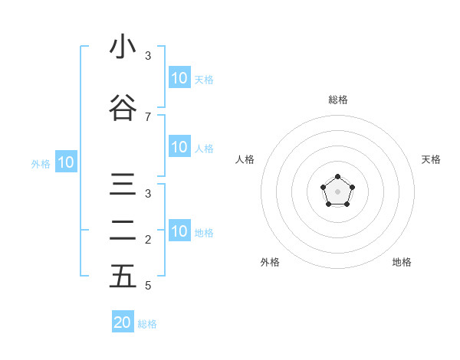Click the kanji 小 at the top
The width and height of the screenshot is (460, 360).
[123, 47]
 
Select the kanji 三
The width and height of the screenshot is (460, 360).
[123, 186]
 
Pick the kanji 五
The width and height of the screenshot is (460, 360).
[123, 277]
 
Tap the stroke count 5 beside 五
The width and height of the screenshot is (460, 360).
[148, 286]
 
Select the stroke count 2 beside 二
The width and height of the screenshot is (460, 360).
[148, 240]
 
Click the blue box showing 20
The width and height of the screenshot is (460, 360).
[123, 322]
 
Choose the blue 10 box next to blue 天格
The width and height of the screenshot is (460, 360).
[179, 78]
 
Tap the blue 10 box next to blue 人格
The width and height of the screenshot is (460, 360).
[179, 147]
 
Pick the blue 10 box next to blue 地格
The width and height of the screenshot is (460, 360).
[179, 231]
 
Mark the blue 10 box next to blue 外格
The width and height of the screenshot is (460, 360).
[66, 162]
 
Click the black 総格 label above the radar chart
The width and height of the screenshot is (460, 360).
[338, 100]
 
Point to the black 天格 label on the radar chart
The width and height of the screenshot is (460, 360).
[431, 159]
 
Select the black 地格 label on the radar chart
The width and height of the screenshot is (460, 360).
[402, 262]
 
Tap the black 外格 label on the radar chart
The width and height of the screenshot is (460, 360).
[270, 262]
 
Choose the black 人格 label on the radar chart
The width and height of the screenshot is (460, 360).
[245, 159]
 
